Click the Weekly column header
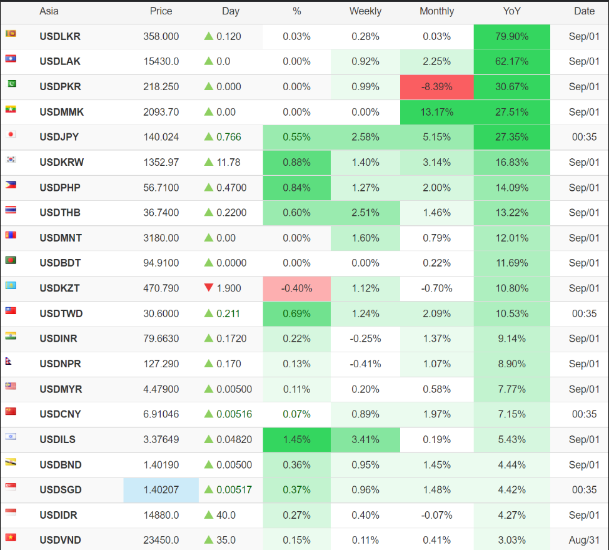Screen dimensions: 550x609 (x=365, y=11)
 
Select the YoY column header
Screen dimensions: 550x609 (x=511, y=11)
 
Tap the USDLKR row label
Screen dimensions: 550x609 (x=60, y=36)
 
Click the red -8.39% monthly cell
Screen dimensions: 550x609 (x=436, y=87)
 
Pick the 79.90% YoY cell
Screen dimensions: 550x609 (x=511, y=36)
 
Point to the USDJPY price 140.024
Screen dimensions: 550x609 (x=161, y=137)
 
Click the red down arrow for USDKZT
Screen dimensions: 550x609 (x=209, y=288)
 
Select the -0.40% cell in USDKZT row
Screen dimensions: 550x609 (x=296, y=288)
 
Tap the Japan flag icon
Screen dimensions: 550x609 (x=11, y=134)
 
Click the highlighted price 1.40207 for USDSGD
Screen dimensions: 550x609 (x=161, y=490)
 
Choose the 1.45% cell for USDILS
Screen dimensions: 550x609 (x=296, y=439)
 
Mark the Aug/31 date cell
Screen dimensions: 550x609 (x=584, y=540)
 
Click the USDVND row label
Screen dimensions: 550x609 (x=60, y=540)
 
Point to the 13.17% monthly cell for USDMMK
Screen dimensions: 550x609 (x=436, y=112)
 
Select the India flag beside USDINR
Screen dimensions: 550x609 (x=11, y=335)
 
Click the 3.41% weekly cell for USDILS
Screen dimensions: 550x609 (x=365, y=439)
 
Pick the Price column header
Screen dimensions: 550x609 (x=161, y=11)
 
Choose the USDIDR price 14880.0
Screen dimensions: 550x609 (x=161, y=515)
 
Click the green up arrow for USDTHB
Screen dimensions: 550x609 (x=209, y=213)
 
